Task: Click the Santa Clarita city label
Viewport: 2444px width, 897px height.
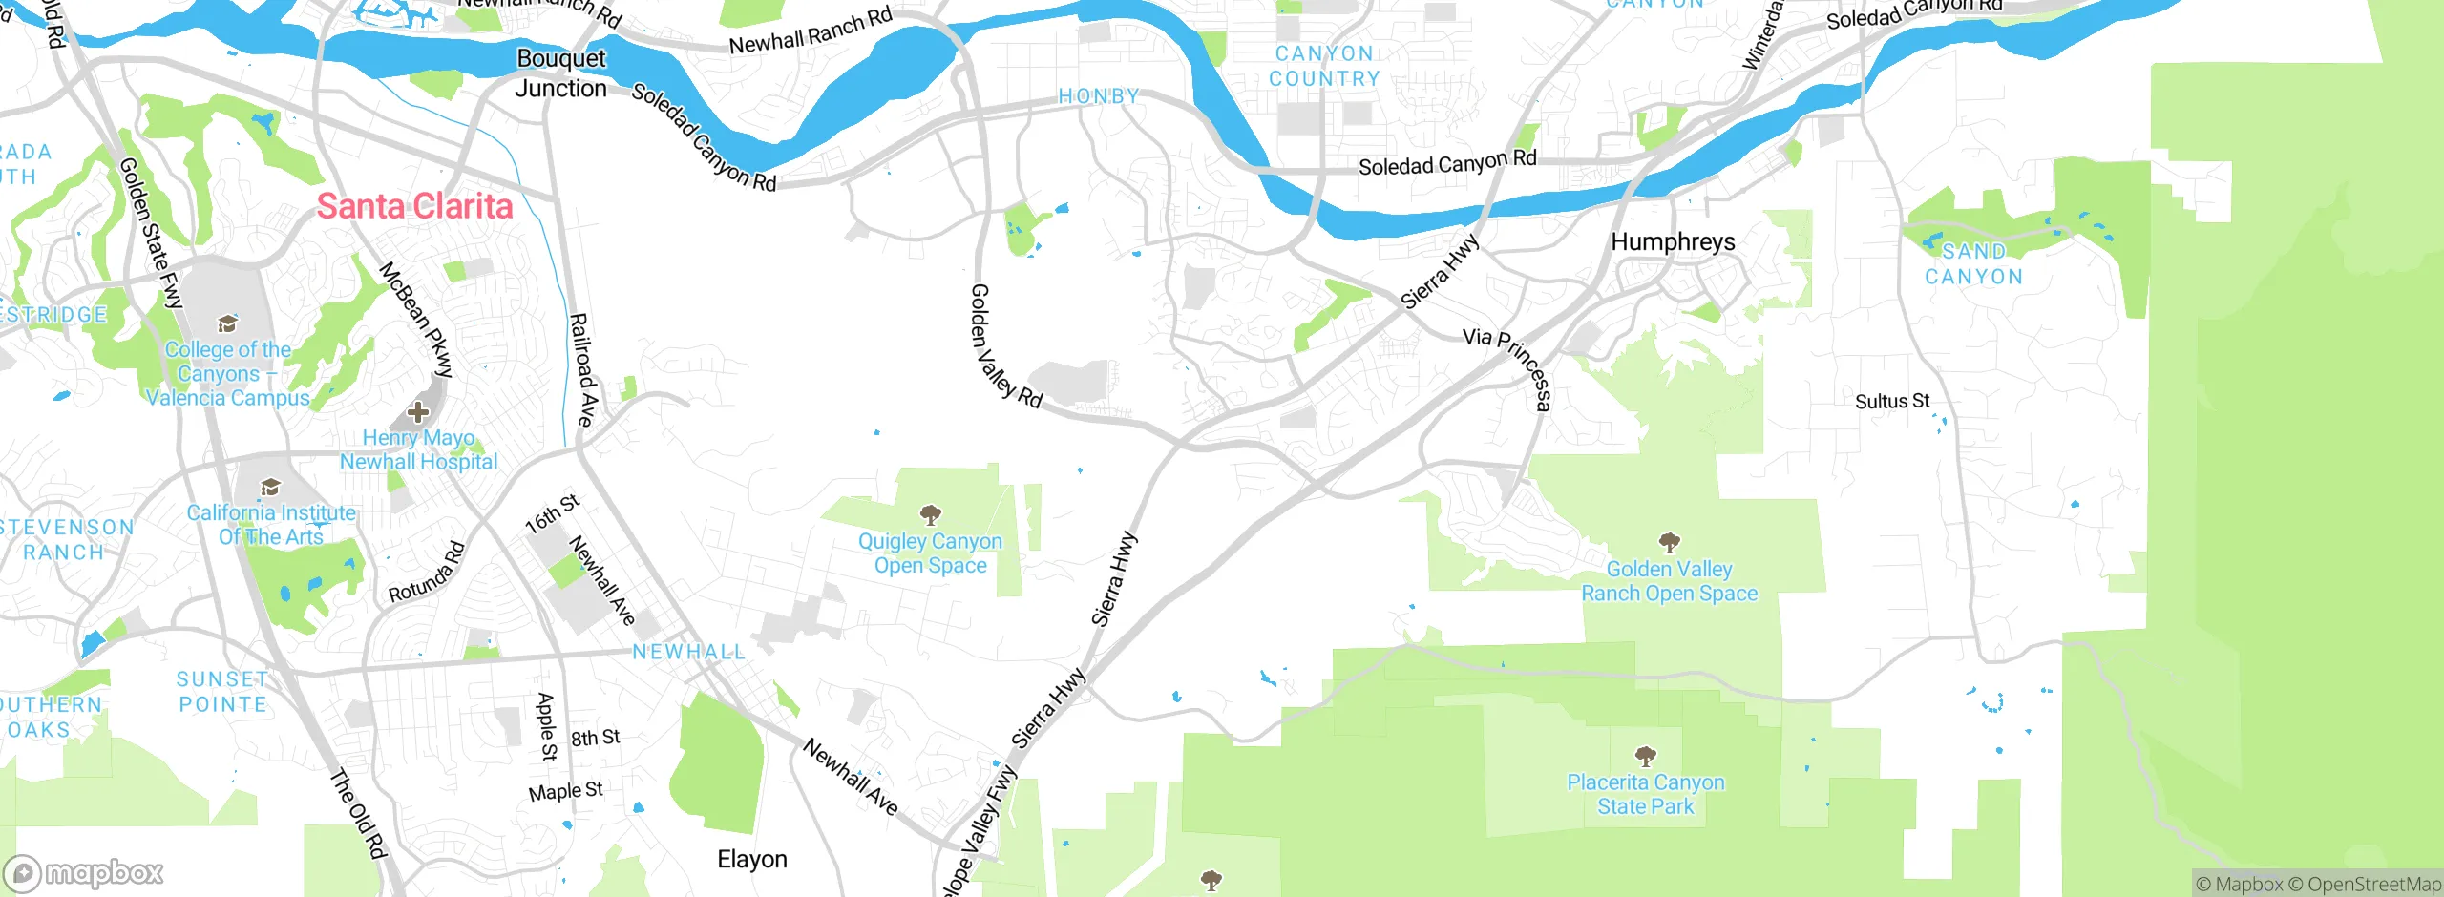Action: (x=414, y=207)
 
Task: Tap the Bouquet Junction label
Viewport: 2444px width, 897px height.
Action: (x=561, y=73)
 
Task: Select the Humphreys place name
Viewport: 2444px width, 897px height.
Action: (x=1673, y=242)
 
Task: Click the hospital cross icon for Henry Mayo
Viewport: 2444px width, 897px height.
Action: (x=418, y=412)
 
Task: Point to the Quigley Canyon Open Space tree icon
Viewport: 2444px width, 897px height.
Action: (x=930, y=516)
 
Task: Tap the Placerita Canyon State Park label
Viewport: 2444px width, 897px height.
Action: (x=1645, y=794)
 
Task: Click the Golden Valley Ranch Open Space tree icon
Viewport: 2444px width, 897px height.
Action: (x=1669, y=543)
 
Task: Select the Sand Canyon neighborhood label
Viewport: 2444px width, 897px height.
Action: (x=1973, y=264)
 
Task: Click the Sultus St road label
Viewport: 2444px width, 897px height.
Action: (x=1891, y=402)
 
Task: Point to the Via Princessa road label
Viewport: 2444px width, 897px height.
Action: (x=1508, y=368)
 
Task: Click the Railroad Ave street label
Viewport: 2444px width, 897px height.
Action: (x=582, y=370)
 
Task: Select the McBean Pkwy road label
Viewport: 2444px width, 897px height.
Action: (x=416, y=319)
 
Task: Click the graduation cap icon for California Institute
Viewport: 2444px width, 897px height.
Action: (x=271, y=488)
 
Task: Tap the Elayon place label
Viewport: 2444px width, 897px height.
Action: (x=751, y=859)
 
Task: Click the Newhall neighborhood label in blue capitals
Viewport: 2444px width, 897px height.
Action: (x=688, y=652)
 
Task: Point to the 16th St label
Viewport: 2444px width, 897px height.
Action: (x=553, y=513)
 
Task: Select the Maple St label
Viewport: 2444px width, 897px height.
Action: (x=565, y=792)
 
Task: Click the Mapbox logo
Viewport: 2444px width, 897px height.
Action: (x=84, y=872)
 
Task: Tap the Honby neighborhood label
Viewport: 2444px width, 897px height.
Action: (x=1099, y=96)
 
